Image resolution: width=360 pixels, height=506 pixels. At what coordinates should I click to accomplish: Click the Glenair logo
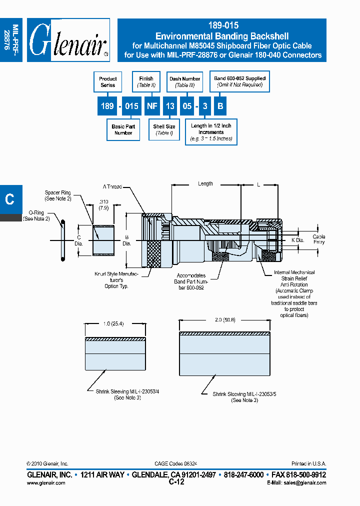68,40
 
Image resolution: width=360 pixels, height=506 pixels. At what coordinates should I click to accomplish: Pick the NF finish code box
153,106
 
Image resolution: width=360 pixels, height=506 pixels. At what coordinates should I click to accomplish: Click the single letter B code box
219,106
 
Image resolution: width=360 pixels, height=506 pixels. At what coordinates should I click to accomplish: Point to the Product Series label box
107,82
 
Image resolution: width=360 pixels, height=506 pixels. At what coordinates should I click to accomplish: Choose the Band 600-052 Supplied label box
240,81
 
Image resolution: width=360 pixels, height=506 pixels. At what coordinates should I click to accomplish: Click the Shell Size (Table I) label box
164,130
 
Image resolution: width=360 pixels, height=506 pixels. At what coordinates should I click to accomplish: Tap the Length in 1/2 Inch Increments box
211,132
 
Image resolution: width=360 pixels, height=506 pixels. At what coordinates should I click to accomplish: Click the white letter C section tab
9,199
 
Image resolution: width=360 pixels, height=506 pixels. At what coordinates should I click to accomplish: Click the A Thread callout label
112,186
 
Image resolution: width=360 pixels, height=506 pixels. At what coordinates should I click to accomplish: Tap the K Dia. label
297,240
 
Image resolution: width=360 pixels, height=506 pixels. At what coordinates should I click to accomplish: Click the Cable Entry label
319,239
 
